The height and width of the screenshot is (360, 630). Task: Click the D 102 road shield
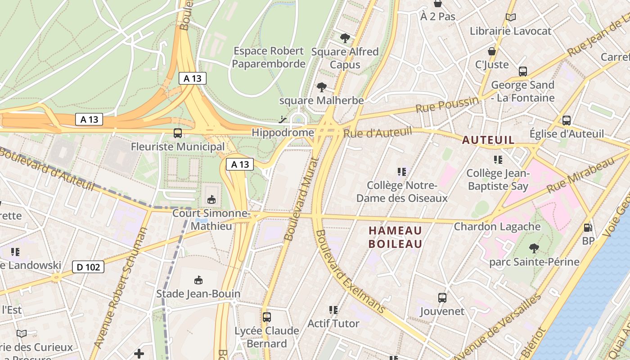tap(88, 267)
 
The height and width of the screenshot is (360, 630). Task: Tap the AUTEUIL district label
tap(488, 140)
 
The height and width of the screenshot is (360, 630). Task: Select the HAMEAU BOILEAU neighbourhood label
tap(396, 237)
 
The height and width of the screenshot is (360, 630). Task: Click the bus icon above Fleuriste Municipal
tap(178, 133)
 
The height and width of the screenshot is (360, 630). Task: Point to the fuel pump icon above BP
tap(588, 228)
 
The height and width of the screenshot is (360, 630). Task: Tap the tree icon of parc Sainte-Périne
tap(534, 248)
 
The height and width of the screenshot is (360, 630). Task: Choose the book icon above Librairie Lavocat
tap(510, 18)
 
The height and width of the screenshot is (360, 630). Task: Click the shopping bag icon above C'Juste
tap(492, 51)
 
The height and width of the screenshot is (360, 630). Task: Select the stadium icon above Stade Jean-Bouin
tap(198, 280)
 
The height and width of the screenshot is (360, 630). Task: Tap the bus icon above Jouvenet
tap(442, 297)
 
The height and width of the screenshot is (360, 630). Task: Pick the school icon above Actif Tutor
tap(333, 310)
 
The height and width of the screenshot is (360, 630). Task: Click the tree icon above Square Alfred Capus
tap(345, 38)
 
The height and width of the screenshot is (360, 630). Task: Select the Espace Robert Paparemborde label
tap(269, 58)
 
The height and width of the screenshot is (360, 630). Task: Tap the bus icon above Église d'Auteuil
tap(567, 120)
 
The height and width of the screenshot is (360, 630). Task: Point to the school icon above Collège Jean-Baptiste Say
tap(498, 159)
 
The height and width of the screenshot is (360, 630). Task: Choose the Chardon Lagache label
tap(497, 226)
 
